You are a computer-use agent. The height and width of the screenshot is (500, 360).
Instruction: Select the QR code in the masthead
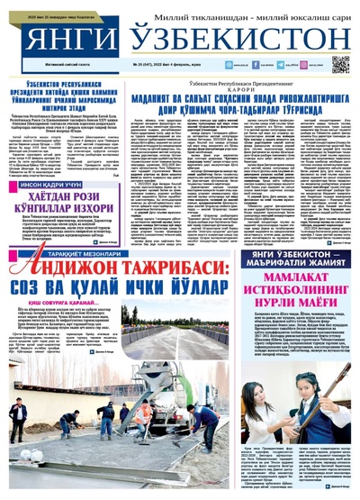click(x=339, y=63)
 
